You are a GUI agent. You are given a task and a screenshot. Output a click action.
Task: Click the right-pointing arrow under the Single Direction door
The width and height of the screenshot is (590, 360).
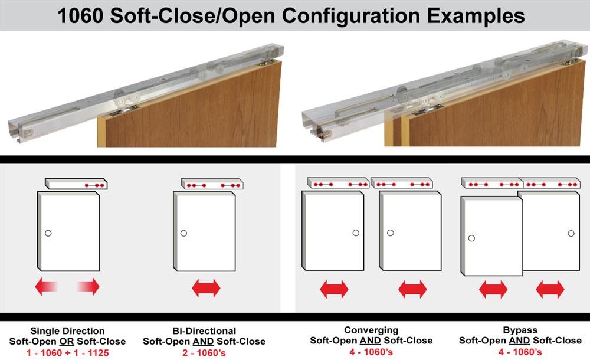pos(88,287)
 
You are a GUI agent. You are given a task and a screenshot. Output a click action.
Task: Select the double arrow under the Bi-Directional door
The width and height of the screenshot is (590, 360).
pos(206,288)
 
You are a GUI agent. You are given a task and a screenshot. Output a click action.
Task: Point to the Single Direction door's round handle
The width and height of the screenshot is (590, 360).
pos(48,233)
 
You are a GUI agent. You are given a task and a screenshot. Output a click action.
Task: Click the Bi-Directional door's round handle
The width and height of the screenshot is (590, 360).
pos(183,233)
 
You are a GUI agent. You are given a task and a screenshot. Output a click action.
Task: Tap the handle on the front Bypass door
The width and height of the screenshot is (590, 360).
pos(471,238)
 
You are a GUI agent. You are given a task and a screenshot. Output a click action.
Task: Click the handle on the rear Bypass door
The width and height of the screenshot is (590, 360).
pos(571,233)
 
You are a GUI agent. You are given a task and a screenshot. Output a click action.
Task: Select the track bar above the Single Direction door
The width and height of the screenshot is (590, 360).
pos(76,184)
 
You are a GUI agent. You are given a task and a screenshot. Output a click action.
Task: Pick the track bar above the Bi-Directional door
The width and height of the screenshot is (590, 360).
pos(212,184)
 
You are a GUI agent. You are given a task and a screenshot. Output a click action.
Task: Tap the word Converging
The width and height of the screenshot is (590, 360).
pos(371,330)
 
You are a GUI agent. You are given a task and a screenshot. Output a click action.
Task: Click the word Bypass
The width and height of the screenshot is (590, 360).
pos(520,330)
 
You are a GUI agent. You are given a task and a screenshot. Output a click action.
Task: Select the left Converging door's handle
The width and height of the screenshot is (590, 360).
pos(356,233)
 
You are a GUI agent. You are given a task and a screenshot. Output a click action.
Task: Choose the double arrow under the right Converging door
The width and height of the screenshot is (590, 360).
pos(412,289)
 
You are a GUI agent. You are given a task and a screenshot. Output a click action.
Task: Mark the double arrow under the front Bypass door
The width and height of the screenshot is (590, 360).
pos(493,289)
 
